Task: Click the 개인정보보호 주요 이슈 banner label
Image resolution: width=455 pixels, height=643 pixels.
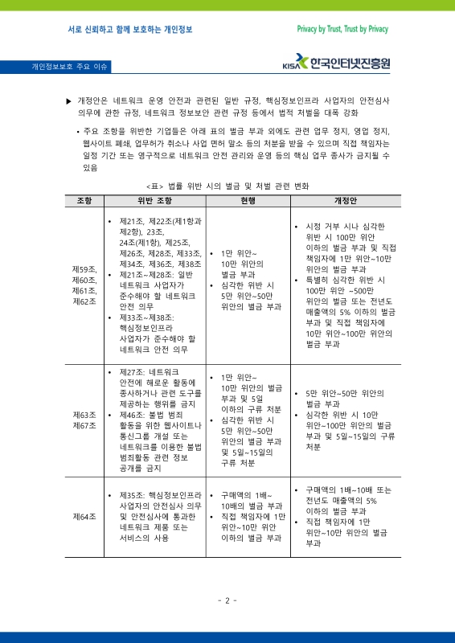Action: click(70, 66)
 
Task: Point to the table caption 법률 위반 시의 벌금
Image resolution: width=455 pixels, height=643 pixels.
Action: click(227, 185)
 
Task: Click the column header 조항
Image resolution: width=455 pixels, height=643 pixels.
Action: click(84, 199)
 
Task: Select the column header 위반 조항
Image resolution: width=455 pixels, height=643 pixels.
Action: click(155, 199)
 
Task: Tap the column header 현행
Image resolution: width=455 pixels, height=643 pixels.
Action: click(247, 199)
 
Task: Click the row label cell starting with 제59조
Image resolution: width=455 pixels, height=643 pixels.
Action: click(84, 285)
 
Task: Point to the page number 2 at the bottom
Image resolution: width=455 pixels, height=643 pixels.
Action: click(227, 600)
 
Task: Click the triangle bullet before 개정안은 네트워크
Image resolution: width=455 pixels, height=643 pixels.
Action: click(68, 101)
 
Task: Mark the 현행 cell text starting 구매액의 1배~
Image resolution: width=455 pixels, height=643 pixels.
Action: click(248, 495)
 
